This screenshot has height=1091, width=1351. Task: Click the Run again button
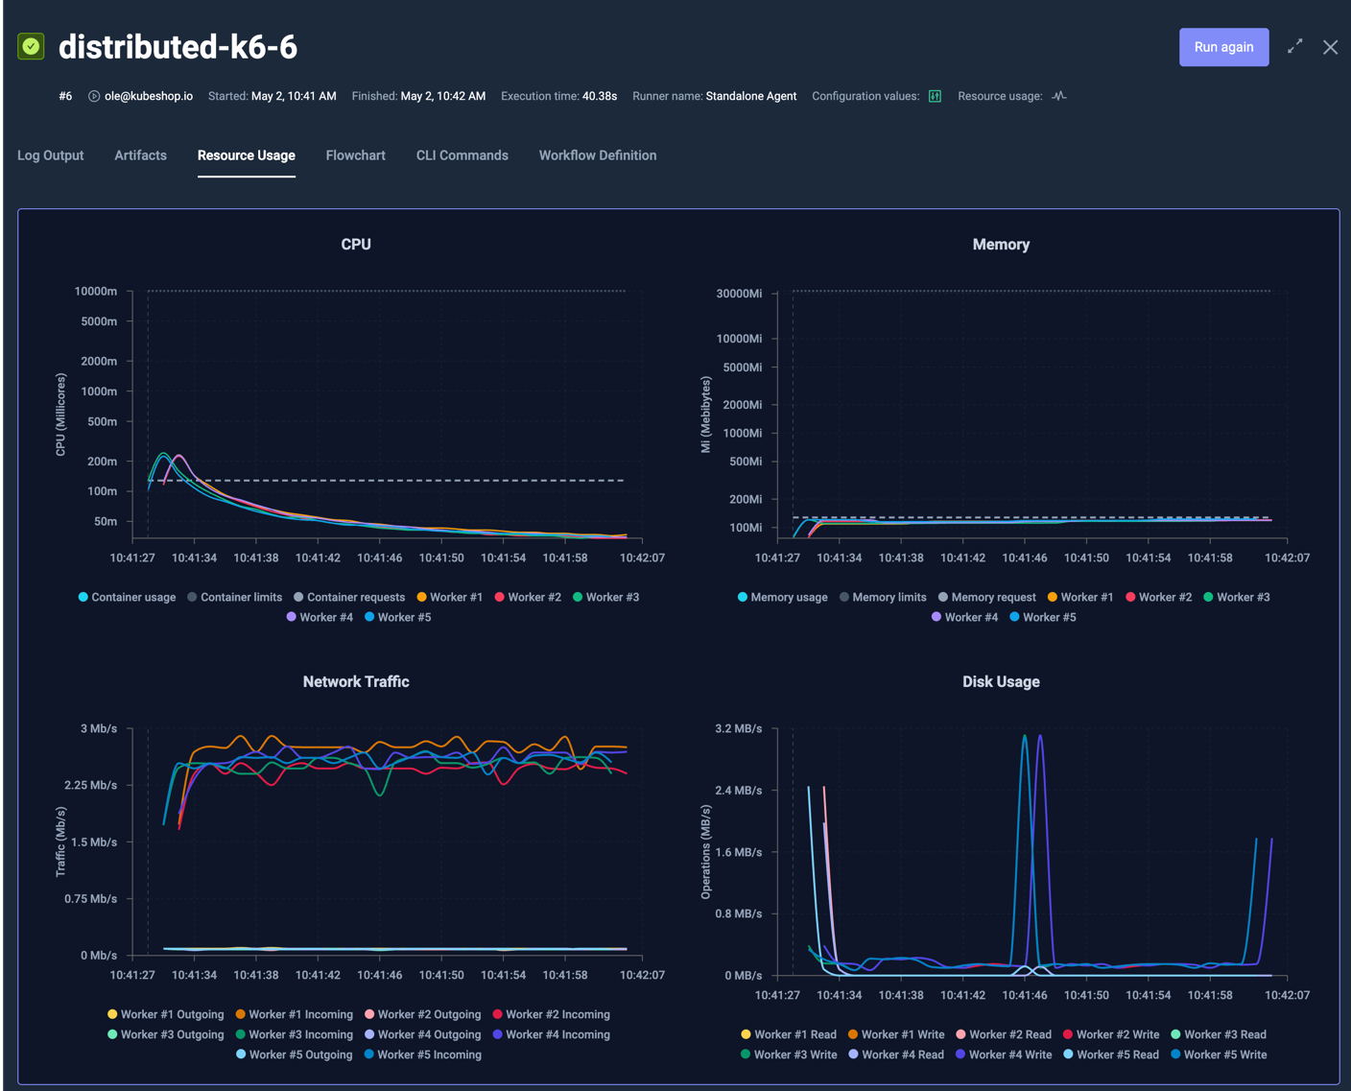tap(1223, 47)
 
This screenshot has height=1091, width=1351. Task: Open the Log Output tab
tap(51, 155)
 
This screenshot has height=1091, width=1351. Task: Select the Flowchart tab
tap(355, 155)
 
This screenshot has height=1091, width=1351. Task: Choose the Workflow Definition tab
tap(597, 155)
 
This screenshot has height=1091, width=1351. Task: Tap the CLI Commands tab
tap(462, 155)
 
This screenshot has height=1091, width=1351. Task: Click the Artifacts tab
tap(140, 155)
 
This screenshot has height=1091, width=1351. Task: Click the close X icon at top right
tap(1330, 47)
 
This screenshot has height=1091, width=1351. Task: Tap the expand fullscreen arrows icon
tap(1294, 46)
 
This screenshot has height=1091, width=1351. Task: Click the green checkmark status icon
tap(31, 46)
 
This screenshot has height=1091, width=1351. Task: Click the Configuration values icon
tap(935, 96)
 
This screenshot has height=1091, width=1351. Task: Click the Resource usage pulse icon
tap(1058, 96)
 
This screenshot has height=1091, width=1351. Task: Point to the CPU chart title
tap(355, 245)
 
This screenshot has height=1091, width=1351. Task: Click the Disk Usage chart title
tap(1000, 682)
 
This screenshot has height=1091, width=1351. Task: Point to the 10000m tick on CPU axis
tap(96, 292)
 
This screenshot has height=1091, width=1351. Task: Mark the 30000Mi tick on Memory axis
tap(739, 294)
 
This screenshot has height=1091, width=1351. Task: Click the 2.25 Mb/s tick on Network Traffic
tap(90, 786)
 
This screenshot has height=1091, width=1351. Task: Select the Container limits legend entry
tap(234, 598)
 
